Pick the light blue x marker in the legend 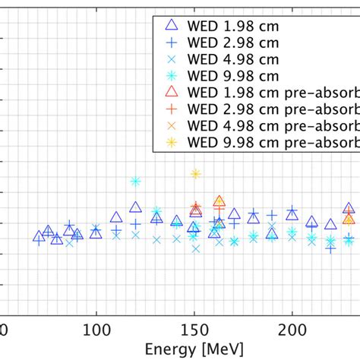(171, 60)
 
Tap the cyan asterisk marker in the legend (171, 76)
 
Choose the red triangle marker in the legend (171, 92)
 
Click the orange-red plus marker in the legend (171, 109)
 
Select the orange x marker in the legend (171, 125)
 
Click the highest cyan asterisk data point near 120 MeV (135, 182)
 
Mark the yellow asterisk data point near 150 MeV (195, 174)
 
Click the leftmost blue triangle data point (39, 238)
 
